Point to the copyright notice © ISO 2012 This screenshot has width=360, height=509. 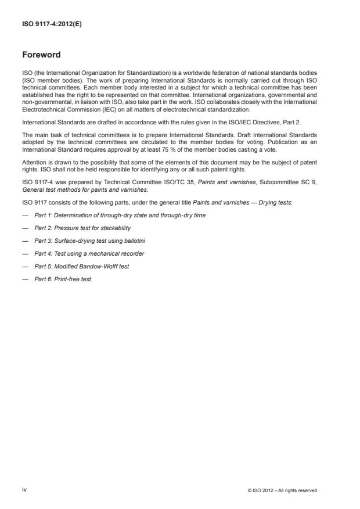click(282, 490)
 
